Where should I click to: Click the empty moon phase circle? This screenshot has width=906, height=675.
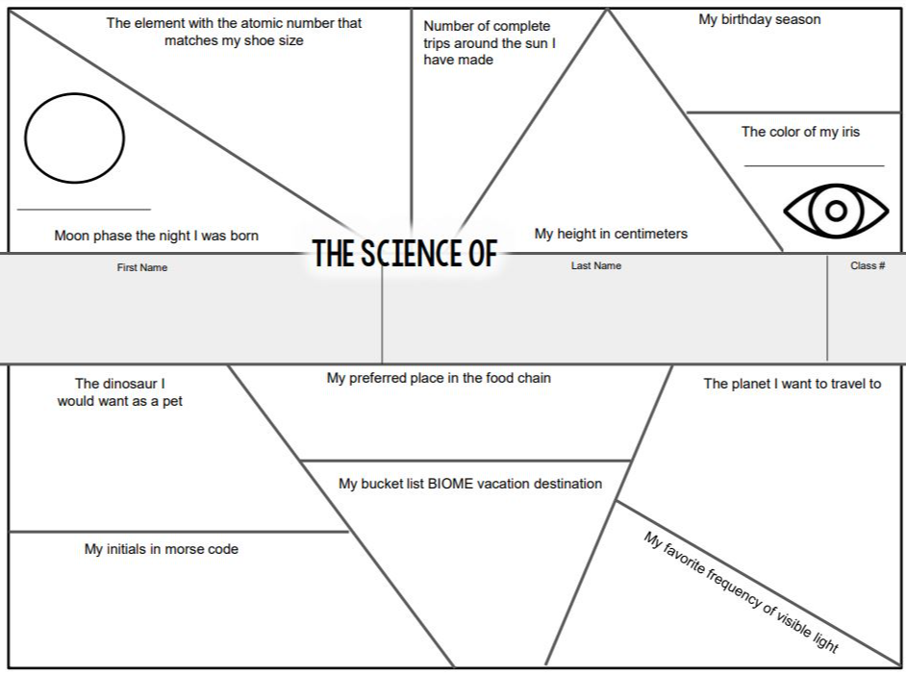coord(74,137)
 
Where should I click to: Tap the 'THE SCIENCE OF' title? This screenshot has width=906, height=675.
coord(405,254)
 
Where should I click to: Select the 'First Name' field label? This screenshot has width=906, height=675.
coord(142,267)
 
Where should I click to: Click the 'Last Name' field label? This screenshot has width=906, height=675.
coord(596,265)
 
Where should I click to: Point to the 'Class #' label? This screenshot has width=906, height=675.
coord(868,265)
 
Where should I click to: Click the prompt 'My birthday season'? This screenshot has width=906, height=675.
coord(759,19)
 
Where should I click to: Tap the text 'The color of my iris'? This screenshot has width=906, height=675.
coord(800,132)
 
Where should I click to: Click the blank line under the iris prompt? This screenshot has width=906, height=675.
coord(814,166)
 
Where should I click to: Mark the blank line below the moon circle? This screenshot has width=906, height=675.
coord(84,209)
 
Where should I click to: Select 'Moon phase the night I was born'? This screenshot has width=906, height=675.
coord(156,236)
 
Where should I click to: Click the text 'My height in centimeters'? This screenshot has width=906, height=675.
coord(611,234)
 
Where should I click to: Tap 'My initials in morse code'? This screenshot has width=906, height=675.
coord(161,549)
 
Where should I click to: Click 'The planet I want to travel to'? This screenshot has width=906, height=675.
coord(792,384)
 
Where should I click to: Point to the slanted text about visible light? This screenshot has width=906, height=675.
coord(741,591)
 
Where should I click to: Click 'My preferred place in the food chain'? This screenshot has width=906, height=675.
coord(439,378)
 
